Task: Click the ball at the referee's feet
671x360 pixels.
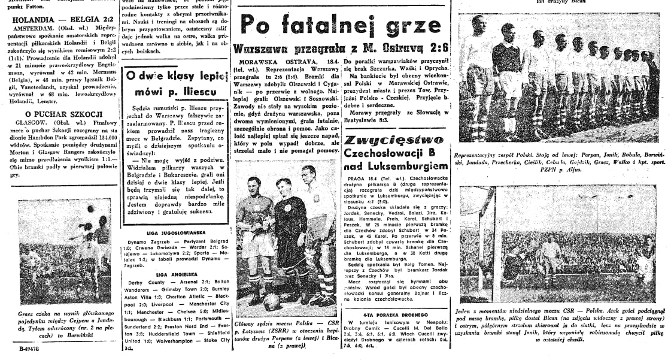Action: click(x=272, y=301)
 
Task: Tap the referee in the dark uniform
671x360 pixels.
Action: click(x=290, y=240)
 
